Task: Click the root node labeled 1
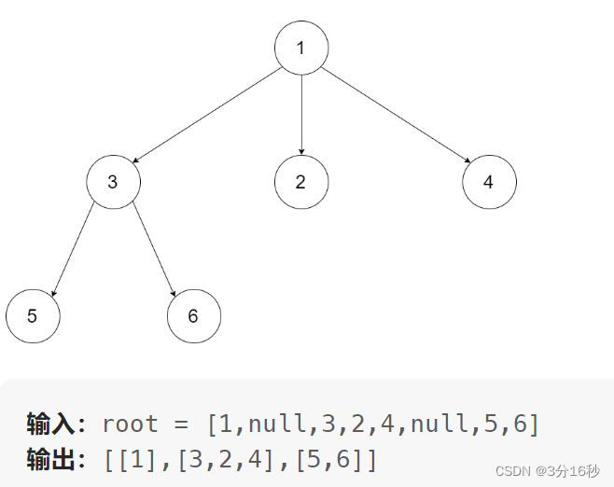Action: tap(300, 47)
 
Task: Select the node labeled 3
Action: tap(113, 182)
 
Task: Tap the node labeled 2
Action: tap(300, 182)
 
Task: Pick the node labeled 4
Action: tap(489, 182)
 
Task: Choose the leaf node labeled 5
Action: tap(33, 315)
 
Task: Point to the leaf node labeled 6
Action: tap(193, 315)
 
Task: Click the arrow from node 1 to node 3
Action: tap(207, 114)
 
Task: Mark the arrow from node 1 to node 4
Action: tap(394, 114)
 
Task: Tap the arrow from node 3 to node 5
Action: tap(73, 248)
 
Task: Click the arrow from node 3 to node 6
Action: tap(153, 248)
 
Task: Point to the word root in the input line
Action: tap(131, 424)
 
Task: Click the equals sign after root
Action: tap(180, 424)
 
